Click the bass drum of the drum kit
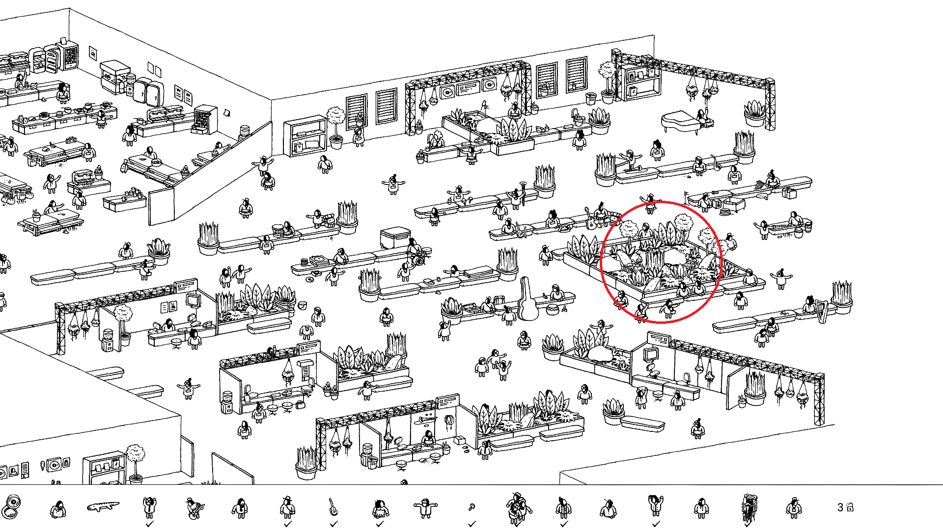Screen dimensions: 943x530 point(419,261)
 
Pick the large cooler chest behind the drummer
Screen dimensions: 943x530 point(394,238)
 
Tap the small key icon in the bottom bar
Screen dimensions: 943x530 point(471,507)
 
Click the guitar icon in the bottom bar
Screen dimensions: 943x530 point(333,507)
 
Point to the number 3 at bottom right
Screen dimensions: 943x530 point(840,507)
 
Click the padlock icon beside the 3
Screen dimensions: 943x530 point(850,507)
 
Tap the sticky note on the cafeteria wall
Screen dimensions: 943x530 point(226,113)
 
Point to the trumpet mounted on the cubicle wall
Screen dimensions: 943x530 point(423,420)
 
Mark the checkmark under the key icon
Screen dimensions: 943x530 point(472,524)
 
